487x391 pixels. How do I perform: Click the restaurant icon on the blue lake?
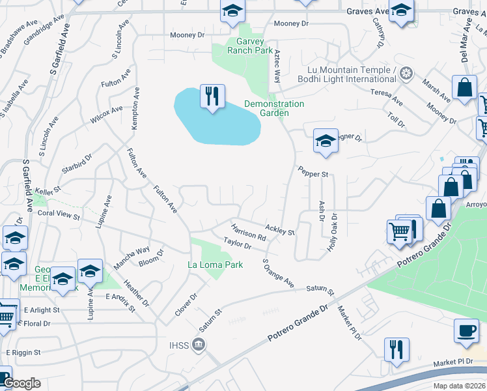click(x=212, y=97)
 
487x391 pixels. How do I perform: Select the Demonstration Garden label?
click(x=274, y=108)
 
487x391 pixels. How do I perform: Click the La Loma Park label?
click(x=215, y=265)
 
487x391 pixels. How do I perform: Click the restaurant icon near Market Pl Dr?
click(x=396, y=349)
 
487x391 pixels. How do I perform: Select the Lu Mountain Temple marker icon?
click(x=406, y=72)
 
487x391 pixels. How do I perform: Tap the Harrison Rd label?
click(x=248, y=233)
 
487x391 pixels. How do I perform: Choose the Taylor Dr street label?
click(x=237, y=243)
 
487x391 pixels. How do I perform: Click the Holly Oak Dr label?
click(x=333, y=234)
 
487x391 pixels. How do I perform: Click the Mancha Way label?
click(x=132, y=254)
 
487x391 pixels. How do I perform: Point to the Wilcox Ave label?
click(x=107, y=115)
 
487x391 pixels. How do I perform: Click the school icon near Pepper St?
click(x=325, y=141)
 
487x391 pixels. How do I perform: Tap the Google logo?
click(x=21, y=384)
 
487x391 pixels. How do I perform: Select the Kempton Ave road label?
click(x=136, y=108)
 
